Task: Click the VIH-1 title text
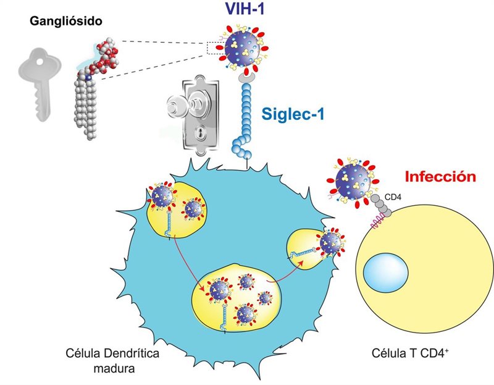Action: [245, 9]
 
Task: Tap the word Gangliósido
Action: [66, 21]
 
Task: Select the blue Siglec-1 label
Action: [293, 114]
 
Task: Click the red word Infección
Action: [440, 177]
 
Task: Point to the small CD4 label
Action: [393, 198]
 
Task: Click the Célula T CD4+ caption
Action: [410, 353]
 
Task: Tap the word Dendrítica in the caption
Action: [132, 353]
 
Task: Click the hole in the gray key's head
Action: [39, 61]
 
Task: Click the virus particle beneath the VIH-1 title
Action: [243, 49]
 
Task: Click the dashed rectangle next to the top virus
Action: [216, 48]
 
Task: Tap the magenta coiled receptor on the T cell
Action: [378, 221]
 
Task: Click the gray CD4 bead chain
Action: [381, 205]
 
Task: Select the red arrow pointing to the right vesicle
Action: [285, 271]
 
